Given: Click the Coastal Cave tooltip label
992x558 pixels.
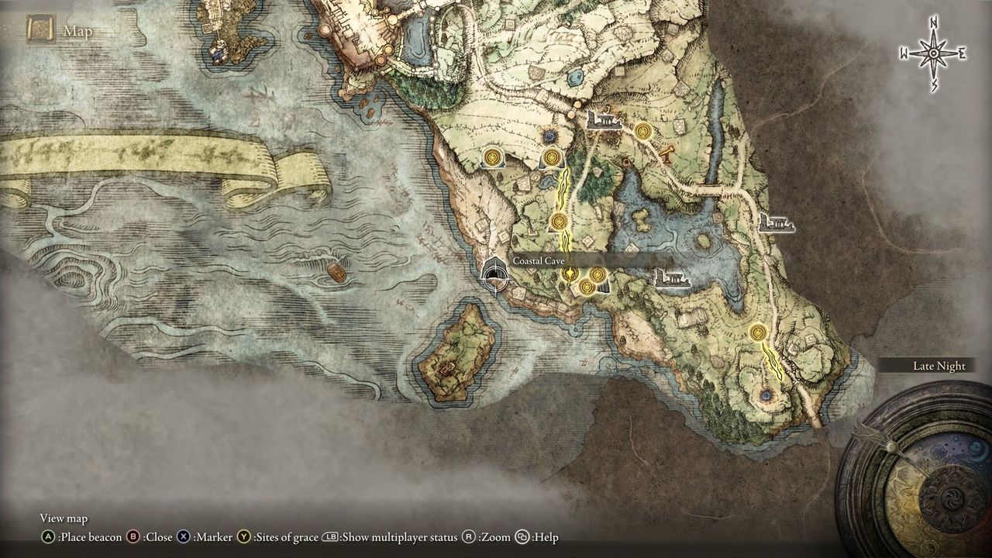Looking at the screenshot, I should tap(539, 262).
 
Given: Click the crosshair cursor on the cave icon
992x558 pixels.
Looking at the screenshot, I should tap(494, 275).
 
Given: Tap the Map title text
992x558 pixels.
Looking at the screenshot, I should tap(77, 31).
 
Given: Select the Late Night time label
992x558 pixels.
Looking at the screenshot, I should tap(939, 366).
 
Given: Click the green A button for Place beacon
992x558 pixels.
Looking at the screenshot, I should tap(49, 537).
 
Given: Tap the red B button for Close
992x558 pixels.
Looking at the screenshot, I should tap(133, 537).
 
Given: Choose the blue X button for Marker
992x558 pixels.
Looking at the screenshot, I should tap(184, 537).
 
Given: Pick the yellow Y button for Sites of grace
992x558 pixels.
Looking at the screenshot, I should tap(245, 537).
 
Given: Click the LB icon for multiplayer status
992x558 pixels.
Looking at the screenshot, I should tap(329, 537).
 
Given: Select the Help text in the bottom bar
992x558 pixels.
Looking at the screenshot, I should tap(546, 537).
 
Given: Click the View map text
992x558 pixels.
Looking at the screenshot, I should tap(64, 518).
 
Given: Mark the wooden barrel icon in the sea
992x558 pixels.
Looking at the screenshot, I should tap(336, 273).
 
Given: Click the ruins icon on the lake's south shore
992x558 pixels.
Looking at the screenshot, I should tap(672, 278).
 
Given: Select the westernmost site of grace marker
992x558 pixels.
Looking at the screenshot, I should tap(491, 158).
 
